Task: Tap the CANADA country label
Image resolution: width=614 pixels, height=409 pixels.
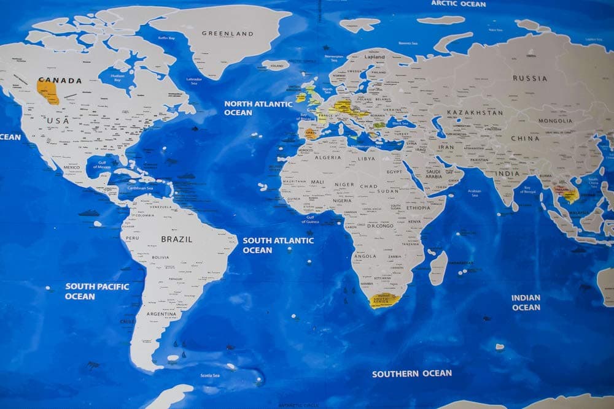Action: point(60,80)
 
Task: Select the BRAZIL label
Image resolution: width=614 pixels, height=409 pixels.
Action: point(177,239)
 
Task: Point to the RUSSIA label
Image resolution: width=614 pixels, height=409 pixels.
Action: point(530,78)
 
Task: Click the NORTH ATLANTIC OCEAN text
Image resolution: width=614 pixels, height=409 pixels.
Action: point(258,108)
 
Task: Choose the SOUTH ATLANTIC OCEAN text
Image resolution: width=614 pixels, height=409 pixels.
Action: point(278,245)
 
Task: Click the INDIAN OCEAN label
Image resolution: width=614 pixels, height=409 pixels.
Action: point(526,302)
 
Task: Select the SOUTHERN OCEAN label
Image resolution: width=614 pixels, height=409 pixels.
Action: point(411,373)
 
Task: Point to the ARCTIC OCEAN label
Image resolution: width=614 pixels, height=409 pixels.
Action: point(458,4)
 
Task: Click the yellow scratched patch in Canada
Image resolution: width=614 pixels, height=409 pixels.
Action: point(48,92)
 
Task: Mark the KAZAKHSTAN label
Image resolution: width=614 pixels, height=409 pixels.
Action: point(475,113)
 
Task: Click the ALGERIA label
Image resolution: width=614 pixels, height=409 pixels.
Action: point(328,158)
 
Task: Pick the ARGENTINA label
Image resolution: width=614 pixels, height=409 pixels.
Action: point(160,315)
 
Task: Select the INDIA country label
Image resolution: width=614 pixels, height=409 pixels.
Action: point(508,174)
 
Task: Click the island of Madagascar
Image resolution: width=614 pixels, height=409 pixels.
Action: point(438,268)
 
